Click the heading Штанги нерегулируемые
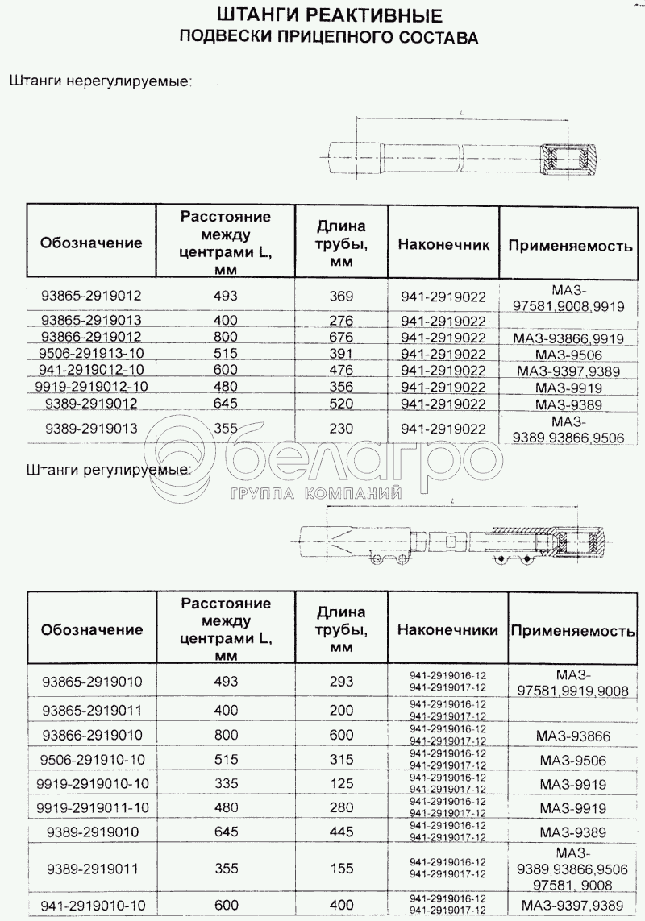(x=99, y=81)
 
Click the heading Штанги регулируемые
(x=108, y=468)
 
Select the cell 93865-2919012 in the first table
(x=91, y=295)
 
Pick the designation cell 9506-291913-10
(x=91, y=354)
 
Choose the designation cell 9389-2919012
(x=91, y=404)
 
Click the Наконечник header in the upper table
(x=443, y=243)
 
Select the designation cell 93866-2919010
(x=91, y=735)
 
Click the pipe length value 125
(x=342, y=783)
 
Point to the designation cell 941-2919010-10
(x=91, y=905)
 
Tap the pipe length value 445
(x=342, y=831)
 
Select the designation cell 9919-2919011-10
(x=91, y=807)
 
